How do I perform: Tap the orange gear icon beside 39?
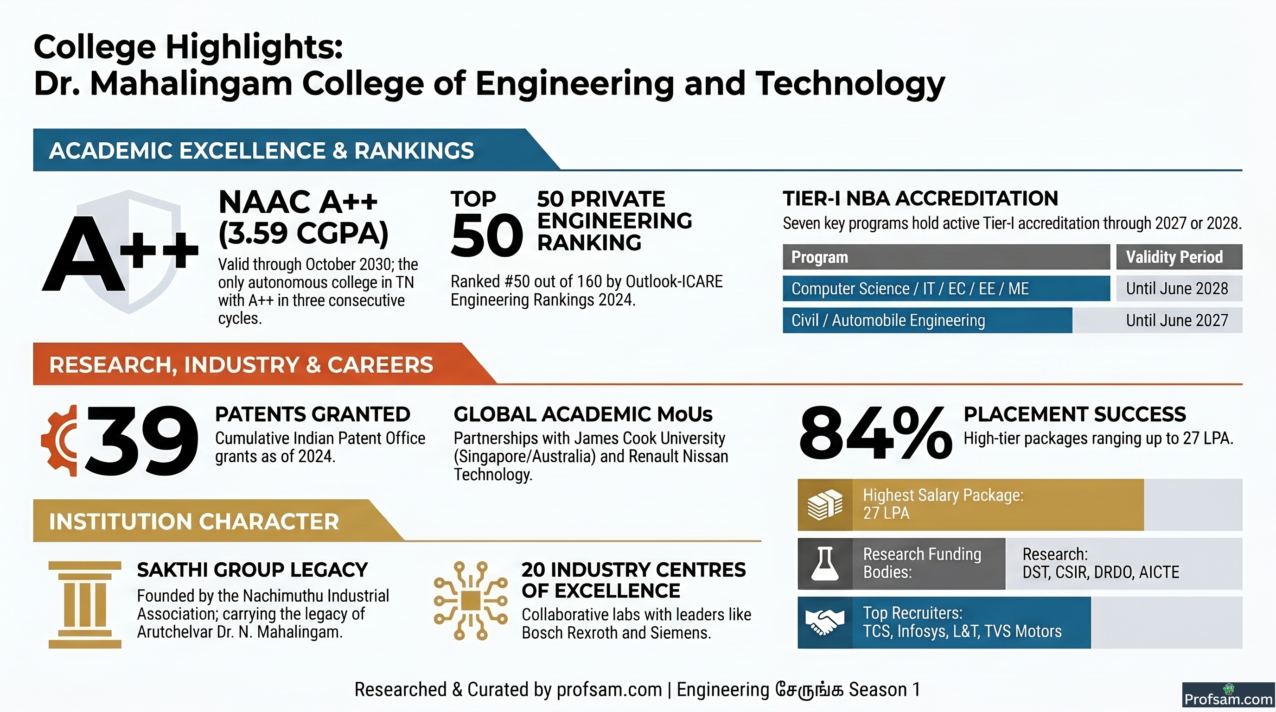click(x=59, y=440)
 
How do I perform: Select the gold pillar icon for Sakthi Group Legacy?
click(x=85, y=604)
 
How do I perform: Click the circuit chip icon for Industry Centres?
click(x=471, y=601)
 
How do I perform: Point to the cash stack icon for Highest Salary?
click(x=825, y=504)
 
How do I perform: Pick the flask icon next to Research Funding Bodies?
click(x=825, y=564)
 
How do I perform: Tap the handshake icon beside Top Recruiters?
click(x=825, y=623)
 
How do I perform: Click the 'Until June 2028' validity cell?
click(x=1179, y=288)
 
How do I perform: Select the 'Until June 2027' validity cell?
click(x=1179, y=320)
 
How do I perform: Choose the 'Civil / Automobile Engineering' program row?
click(x=927, y=320)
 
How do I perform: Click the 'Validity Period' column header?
click(x=1179, y=256)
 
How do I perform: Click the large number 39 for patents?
click(x=142, y=440)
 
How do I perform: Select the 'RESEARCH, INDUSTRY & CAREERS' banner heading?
click(x=241, y=364)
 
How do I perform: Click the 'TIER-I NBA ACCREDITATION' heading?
click(x=920, y=198)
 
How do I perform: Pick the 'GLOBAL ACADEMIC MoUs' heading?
click(x=583, y=414)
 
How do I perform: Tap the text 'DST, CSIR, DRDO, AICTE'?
click(x=1101, y=572)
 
